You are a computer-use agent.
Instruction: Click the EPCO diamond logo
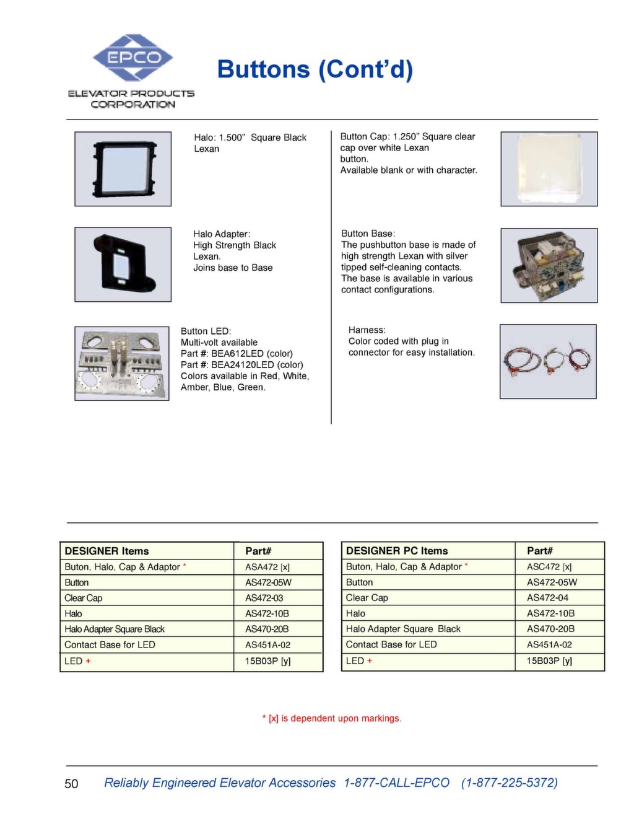tap(132, 58)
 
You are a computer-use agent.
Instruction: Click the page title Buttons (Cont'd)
tap(315, 69)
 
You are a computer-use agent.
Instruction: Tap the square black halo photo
tap(123, 169)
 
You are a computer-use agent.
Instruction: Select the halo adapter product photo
tap(123, 265)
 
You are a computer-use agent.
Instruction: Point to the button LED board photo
tap(122, 363)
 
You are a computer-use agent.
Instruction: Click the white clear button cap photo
tap(549, 169)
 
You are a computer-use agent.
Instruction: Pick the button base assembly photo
tap(549, 265)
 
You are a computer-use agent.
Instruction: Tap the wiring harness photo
tap(548, 361)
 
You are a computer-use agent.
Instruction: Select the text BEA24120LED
tap(243, 364)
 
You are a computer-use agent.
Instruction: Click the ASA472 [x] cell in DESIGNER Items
tap(267, 566)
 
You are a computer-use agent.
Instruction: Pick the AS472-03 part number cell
tap(264, 598)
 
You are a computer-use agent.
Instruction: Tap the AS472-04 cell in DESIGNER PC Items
tap(547, 597)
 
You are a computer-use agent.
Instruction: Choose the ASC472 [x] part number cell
tap(549, 566)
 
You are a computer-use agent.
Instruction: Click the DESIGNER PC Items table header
tap(397, 550)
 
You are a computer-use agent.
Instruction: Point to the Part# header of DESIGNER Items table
tap(258, 551)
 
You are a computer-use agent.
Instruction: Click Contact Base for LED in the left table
tap(110, 644)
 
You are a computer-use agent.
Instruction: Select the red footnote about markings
tap(332, 718)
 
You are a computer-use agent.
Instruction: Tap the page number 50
tap(71, 784)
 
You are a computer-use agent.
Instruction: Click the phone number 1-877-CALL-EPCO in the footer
tap(396, 783)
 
